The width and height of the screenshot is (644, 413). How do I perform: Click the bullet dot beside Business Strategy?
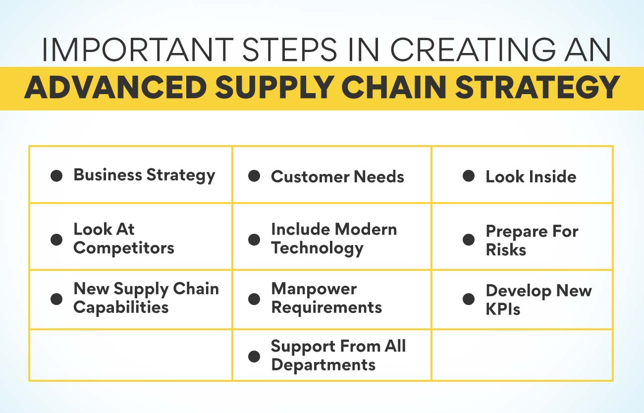[56, 175]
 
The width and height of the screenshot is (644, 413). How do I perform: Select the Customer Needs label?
[337, 177]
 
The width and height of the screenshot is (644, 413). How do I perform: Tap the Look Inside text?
[531, 177]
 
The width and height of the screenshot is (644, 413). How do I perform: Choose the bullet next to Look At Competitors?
[56, 239]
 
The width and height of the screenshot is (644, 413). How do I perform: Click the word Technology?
[317, 248]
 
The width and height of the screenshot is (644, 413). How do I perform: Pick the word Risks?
[506, 250]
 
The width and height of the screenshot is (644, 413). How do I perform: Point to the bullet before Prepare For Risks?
[469, 240]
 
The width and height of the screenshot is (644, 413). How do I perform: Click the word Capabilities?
[121, 307]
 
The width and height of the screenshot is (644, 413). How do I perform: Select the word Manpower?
[314, 289]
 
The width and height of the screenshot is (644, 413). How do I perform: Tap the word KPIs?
[503, 309]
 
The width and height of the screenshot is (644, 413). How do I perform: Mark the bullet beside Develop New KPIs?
[469, 299]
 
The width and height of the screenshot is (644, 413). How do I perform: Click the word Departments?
[323, 365]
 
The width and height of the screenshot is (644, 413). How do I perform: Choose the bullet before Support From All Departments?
[254, 356]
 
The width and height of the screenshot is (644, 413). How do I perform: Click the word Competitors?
[124, 248]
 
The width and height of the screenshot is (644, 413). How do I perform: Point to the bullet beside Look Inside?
[469, 176]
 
